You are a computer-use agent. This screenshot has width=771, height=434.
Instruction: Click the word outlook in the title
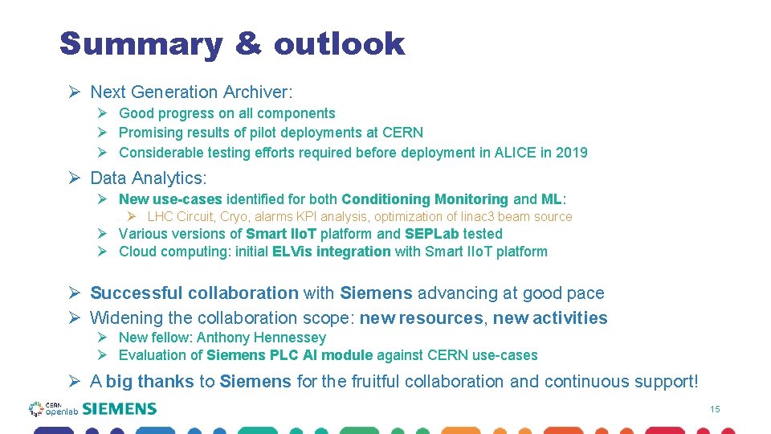click(339, 44)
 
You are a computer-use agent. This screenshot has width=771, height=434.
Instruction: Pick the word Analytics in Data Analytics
click(167, 178)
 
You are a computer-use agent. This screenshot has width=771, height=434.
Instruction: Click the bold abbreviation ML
click(552, 199)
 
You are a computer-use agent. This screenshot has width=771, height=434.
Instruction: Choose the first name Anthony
click(223, 338)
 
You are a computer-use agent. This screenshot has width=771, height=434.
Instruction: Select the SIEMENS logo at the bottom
click(119, 409)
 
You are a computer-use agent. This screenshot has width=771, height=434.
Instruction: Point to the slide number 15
click(715, 410)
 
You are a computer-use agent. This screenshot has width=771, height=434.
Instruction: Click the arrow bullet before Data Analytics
click(74, 178)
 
